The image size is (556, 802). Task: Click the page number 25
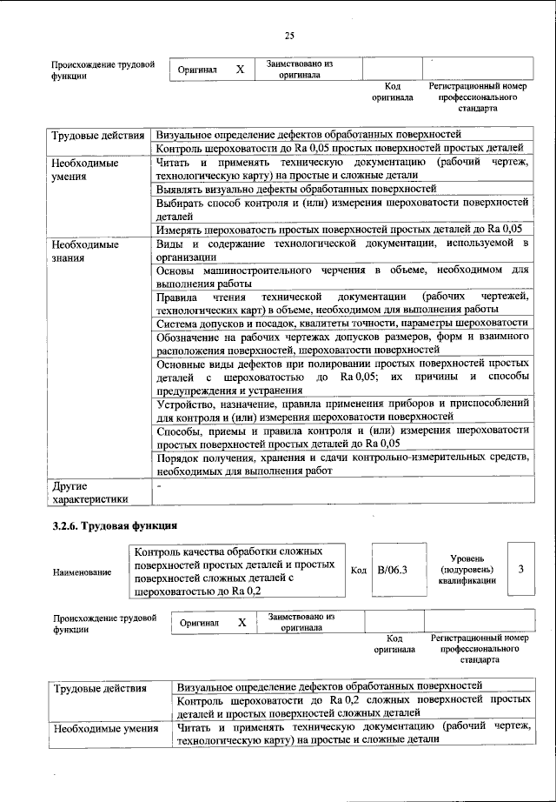(x=289, y=35)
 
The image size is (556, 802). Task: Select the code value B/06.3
(x=393, y=571)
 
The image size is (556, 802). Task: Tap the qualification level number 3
(x=520, y=569)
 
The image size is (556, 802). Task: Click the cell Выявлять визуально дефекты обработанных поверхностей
(x=295, y=188)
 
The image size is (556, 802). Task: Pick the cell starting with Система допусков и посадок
(x=341, y=323)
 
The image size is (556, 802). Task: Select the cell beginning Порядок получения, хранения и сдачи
(x=341, y=464)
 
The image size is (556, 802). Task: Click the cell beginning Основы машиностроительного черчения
(x=341, y=277)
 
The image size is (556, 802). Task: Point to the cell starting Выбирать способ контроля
(x=341, y=209)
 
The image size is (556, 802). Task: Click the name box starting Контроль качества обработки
(x=236, y=571)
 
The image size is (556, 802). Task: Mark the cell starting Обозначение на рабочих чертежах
(x=341, y=343)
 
